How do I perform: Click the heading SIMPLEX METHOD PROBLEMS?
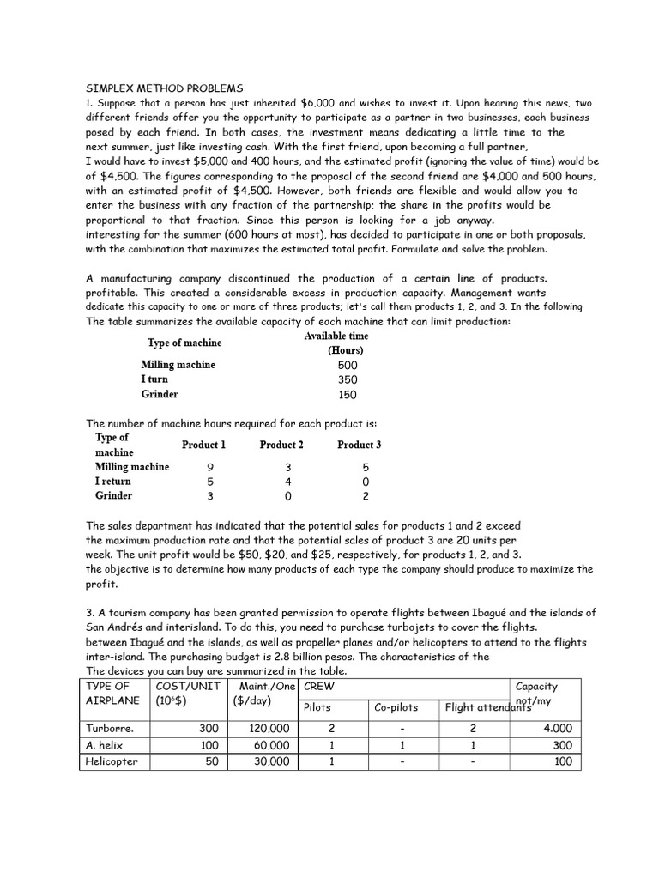(x=165, y=88)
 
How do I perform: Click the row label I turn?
(x=154, y=379)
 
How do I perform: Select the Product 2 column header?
(x=281, y=445)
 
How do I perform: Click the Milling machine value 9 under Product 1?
(x=210, y=467)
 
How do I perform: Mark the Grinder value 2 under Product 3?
(x=366, y=496)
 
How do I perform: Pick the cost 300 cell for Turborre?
(x=209, y=729)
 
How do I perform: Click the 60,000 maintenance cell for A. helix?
(x=272, y=745)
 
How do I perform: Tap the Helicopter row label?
(x=112, y=761)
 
